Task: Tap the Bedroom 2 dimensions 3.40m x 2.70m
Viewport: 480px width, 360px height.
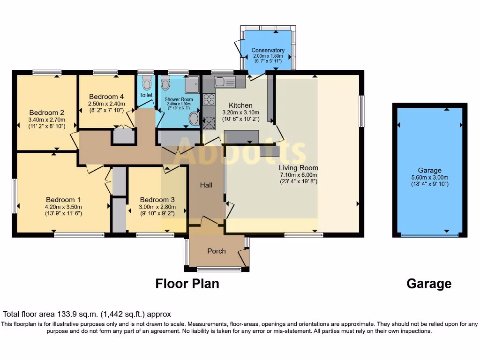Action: [x=46, y=120]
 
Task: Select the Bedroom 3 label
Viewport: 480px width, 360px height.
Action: [x=157, y=200]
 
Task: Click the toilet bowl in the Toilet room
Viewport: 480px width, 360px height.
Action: [x=147, y=83]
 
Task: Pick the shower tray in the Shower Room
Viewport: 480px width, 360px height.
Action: [x=192, y=85]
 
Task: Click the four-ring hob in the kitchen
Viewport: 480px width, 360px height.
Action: [x=209, y=99]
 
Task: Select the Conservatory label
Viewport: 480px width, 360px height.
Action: [x=268, y=50]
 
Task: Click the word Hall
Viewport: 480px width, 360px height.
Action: [x=206, y=185]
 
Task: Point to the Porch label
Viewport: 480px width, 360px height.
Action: [x=217, y=251]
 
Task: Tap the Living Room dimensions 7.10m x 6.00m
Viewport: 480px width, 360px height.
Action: [x=299, y=175]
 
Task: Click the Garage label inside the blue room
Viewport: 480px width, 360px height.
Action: [x=430, y=171]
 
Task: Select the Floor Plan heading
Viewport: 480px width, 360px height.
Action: [x=187, y=284]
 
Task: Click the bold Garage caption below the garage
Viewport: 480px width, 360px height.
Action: [x=429, y=284]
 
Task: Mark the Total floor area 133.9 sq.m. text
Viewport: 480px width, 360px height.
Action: [x=87, y=314]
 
